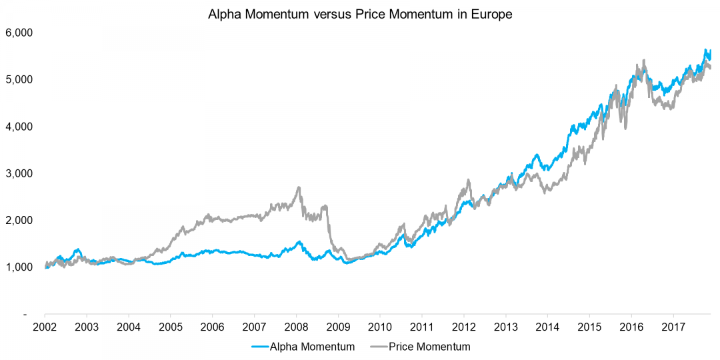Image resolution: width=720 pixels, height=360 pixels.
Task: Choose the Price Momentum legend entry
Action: (x=429, y=347)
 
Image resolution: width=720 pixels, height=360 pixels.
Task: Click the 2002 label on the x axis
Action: (x=45, y=327)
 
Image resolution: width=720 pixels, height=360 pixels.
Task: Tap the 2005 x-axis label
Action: (x=171, y=327)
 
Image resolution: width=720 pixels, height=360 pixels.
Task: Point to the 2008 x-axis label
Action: (x=296, y=327)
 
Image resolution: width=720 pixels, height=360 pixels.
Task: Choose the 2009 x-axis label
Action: (x=338, y=327)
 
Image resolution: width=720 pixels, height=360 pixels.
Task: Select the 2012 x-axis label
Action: (x=464, y=327)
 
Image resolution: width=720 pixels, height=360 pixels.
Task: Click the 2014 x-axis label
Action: (x=547, y=327)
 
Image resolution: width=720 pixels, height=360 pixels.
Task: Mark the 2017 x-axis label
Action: (x=673, y=327)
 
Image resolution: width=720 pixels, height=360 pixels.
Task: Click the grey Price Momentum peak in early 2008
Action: (x=298, y=188)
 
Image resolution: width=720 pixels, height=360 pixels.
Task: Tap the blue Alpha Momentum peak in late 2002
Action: (x=77, y=249)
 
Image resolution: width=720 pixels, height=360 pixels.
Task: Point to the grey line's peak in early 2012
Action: (x=468, y=180)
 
